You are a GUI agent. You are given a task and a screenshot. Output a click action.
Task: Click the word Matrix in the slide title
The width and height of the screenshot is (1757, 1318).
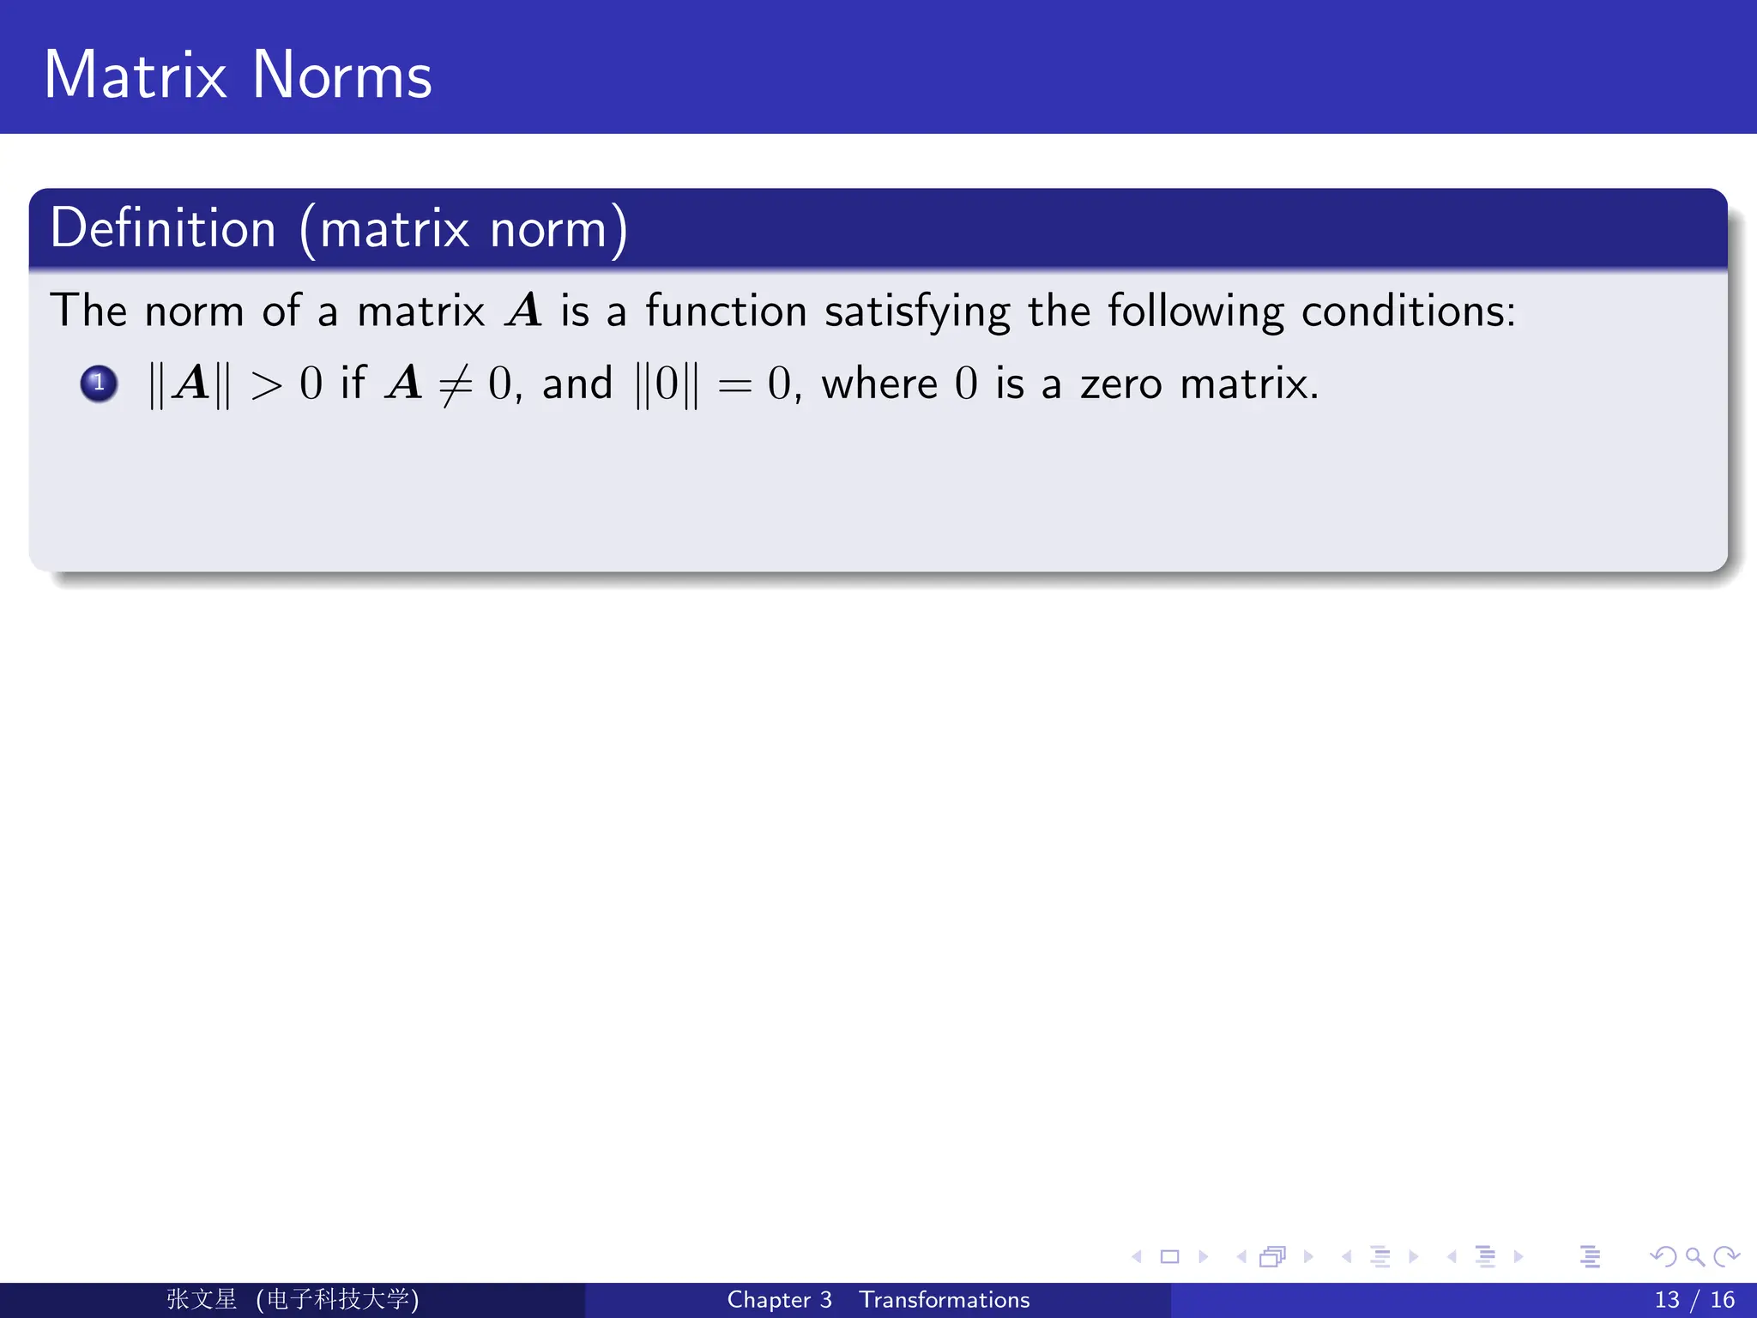pos(136,76)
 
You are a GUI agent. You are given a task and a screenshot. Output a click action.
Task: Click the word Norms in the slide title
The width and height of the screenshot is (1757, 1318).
pos(341,76)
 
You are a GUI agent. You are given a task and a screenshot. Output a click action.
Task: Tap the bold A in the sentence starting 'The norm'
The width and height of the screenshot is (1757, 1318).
pos(523,311)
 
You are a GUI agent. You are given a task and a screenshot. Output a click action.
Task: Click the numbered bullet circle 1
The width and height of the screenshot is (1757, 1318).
pos(99,384)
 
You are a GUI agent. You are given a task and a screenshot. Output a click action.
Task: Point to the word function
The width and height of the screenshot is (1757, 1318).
pos(726,311)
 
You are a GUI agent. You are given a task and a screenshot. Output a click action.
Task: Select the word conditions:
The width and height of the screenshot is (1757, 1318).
pos(1408,311)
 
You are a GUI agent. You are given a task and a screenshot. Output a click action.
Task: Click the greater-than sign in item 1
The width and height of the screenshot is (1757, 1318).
pos(266,385)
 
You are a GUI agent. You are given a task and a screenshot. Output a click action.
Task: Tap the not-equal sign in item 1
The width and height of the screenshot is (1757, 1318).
pos(456,385)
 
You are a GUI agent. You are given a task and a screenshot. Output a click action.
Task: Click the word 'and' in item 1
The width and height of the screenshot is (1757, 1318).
pos(577,384)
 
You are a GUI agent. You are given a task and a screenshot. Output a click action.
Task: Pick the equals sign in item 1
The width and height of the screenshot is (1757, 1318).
pos(734,385)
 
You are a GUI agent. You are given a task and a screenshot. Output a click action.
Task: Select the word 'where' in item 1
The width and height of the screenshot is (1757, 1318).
pos(879,384)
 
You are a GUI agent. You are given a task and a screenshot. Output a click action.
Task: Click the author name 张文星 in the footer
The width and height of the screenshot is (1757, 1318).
pos(202,1299)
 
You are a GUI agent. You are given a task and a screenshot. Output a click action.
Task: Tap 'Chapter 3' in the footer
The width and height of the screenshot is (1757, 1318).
pos(779,1300)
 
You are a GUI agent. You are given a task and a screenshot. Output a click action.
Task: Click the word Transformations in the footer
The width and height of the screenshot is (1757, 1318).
pos(944,1300)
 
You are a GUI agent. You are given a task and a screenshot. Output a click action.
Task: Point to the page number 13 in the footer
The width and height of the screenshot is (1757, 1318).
pos(1666,1300)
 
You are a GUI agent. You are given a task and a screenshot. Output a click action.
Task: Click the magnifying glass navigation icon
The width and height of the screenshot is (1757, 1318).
pos(1694,1257)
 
